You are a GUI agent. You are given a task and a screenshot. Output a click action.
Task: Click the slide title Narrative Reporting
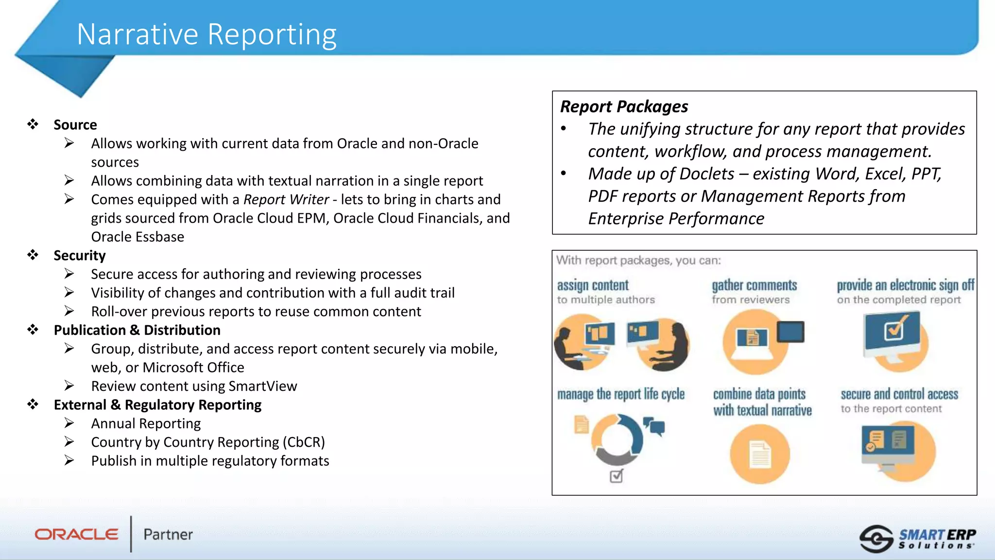pos(206,35)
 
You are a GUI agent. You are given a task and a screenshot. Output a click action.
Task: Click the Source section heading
pos(75,125)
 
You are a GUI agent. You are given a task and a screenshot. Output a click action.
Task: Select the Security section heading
pos(79,256)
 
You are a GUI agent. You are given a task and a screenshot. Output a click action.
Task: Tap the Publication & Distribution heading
pos(137,330)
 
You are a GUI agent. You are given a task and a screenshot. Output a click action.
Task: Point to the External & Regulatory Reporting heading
pos(157,405)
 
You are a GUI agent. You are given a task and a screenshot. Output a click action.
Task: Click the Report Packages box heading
pos(624,106)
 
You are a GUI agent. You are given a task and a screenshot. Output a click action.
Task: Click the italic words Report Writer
pos(286,200)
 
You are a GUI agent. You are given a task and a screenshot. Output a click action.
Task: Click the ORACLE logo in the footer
pos(76,534)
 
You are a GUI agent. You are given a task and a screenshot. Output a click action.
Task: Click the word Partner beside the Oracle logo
pos(168,535)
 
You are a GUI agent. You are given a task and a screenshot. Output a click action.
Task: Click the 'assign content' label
pos(592,285)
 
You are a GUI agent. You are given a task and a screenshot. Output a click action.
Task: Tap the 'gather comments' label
pos(754,285)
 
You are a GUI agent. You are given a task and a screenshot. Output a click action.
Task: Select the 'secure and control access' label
pos(899,394)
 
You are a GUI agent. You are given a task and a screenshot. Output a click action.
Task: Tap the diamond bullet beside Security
pos(33,255)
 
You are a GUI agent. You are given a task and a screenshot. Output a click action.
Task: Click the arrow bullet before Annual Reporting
pos(69,423)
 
